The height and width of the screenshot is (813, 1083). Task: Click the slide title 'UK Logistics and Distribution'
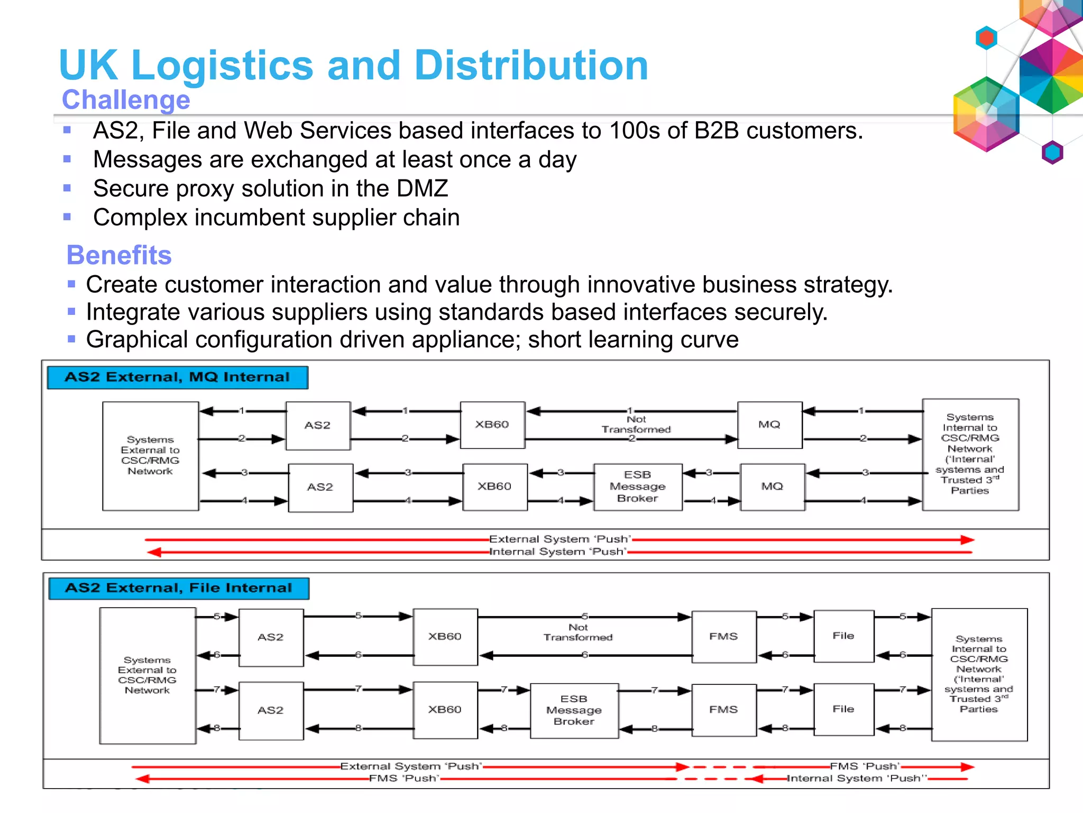353,65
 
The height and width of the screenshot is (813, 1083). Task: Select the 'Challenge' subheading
126,100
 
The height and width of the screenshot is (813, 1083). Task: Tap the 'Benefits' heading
119,255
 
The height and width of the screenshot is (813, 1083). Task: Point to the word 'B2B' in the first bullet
716,131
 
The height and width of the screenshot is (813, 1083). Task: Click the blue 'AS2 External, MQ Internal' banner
178,377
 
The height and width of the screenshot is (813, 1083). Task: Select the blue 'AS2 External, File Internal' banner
179,588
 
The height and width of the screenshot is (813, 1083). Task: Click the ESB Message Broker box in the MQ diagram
638,486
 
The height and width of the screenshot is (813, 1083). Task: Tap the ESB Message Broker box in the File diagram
574,710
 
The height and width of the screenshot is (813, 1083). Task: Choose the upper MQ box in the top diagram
769,424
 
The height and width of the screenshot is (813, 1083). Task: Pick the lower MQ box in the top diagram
772,486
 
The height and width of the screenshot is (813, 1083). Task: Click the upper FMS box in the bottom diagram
723,636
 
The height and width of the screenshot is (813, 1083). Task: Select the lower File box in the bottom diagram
843,709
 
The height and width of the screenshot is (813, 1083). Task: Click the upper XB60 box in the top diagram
492,424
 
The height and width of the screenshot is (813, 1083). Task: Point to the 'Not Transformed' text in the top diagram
636,424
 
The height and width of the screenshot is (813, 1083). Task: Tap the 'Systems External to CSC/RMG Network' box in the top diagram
150,456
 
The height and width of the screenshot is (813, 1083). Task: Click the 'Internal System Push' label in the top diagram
558,552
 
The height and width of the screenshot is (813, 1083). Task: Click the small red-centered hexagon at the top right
986,38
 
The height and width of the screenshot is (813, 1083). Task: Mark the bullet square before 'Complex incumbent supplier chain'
67,216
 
